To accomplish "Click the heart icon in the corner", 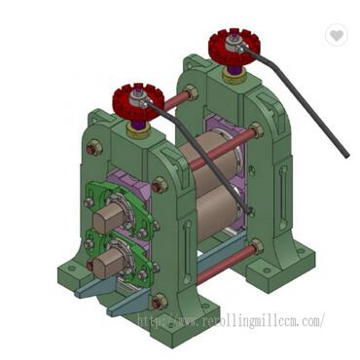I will point(337,35).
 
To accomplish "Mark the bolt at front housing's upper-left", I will point(94,149).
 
